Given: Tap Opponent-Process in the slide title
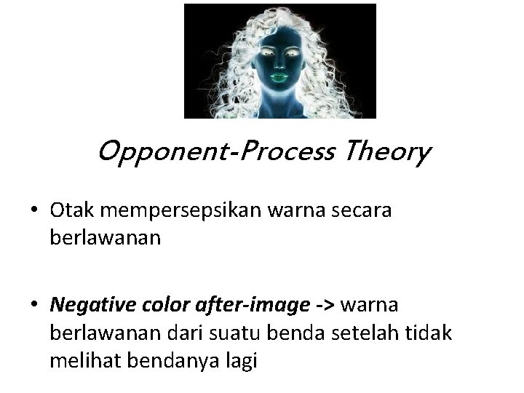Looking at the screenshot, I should click(214, 153).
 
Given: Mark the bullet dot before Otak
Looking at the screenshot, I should click(36, 211).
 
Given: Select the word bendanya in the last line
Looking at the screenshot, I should click(168, 361).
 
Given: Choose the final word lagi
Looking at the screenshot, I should click(240, 362).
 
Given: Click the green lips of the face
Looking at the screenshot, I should click(280, 74).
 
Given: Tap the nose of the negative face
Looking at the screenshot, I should click(280, 60).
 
